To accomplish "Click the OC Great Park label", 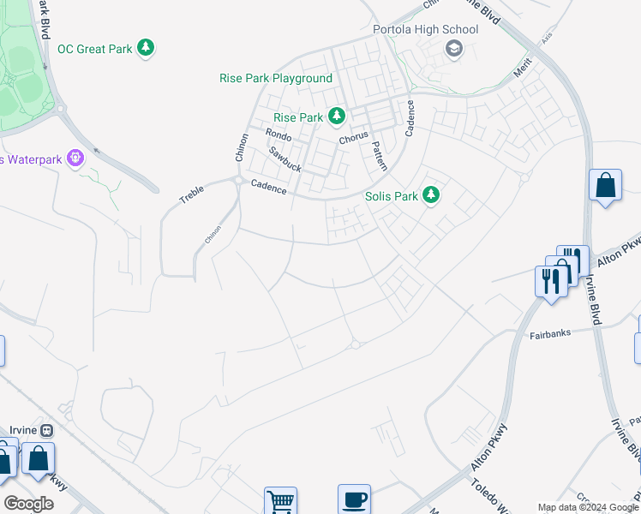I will click(95, 49).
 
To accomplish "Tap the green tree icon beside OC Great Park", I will click(147, 47).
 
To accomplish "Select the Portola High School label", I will click(425, 29).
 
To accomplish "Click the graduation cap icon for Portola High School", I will click(452, 49).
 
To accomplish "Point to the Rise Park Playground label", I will click(275, 78).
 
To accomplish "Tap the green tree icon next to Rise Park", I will click(337, 116).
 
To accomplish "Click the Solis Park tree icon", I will click(432, 195).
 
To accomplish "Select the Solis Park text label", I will click(392, 196).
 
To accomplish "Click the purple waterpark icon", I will click(75, 158).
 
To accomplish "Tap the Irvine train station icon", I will click(47, 430).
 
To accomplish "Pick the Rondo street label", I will click(279, 135).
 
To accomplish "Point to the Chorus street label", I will click(353, 136).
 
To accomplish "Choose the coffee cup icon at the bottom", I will click(354, 499).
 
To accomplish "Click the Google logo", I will click(28, 504).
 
